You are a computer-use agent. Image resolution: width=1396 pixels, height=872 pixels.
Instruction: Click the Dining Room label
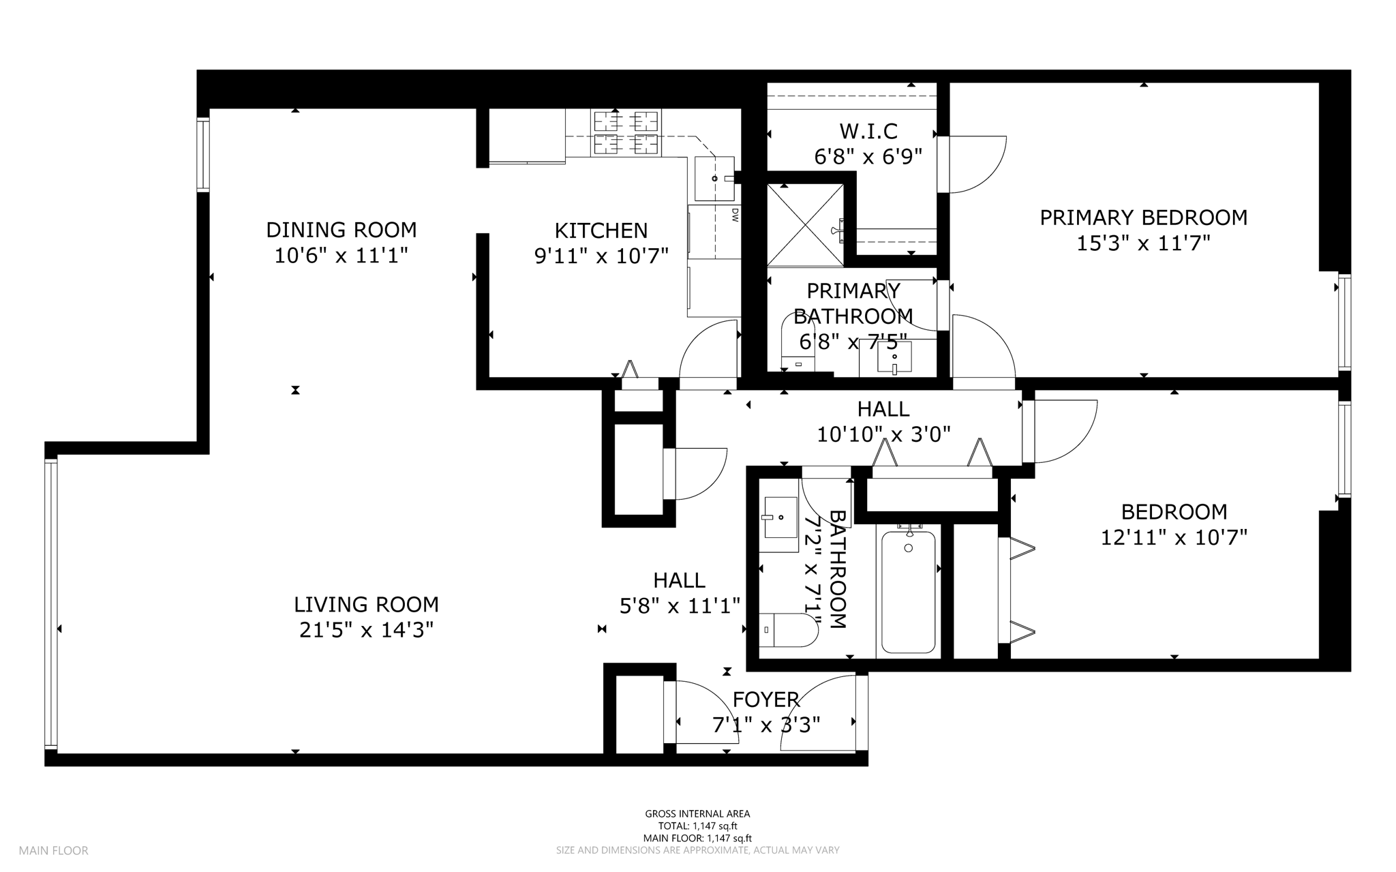click(x=341, y=230)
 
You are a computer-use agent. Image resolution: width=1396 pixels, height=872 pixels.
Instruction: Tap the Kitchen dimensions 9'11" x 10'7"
click(x=601, y=256)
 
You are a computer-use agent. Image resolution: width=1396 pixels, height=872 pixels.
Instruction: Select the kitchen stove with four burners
click(x=627, y=133)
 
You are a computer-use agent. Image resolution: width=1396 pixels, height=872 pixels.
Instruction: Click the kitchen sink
click(x=714, y=178)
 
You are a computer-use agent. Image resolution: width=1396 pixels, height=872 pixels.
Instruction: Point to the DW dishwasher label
click(x=735, y=215)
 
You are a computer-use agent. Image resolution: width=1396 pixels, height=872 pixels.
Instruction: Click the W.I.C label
click(x=868, y=131)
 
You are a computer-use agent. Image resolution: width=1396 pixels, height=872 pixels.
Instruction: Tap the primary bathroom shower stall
click(x=805, y=224)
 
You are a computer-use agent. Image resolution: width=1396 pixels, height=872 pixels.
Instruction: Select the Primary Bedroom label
click(x=1143, y=217)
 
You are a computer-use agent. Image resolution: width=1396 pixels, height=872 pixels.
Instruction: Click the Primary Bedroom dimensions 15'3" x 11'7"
click(x=1143, y=243)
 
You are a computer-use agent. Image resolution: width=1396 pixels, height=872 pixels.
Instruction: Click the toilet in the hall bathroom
click(x=789, y=630)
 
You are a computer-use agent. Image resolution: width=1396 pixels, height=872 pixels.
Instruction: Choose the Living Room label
click(x=366, y=604)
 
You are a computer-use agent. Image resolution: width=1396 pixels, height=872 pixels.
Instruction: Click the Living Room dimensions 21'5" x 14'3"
click(x=366, y=629)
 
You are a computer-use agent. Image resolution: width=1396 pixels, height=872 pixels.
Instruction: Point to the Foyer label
click(x=765, y=700)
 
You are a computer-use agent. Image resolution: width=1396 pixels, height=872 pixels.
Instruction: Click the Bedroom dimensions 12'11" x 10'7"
click(x=1174, y=537)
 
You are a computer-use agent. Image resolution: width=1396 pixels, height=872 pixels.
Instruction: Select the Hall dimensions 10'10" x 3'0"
click(x=883, y=434)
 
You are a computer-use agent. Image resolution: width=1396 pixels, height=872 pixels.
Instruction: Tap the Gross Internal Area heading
click(x=697, y=813)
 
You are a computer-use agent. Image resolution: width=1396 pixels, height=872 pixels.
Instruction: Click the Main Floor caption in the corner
click(x=53, y=850)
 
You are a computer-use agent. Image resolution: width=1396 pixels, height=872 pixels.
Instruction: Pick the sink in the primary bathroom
click(x=894, y=357)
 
